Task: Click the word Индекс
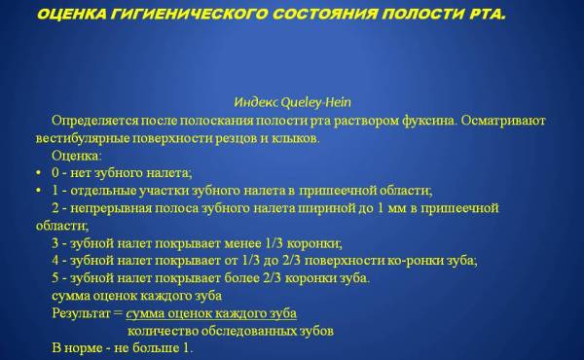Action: pyautogui.click(x=257, y=102)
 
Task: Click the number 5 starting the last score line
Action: pyautogui.click(x=55, y=278)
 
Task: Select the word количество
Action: pyautogui.click(x=159, y=331)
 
